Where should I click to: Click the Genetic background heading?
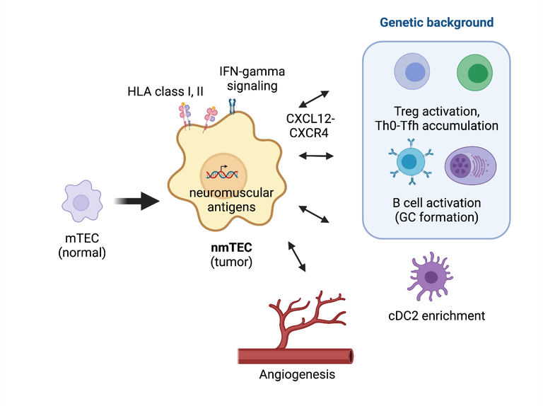click(436, 22)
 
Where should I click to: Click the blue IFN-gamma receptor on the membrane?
click(231, 106)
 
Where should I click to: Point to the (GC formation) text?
click(436, 217)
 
